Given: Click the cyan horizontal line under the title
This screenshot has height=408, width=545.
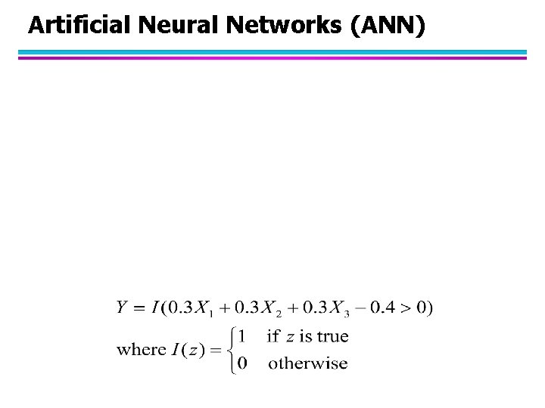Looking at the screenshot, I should click(272, 52).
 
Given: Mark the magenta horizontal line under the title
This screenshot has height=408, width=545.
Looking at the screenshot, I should click(272, 57).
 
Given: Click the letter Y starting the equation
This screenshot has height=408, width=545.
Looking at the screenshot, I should click(122, 308).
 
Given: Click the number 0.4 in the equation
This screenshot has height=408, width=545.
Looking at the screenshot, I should click(387, 308).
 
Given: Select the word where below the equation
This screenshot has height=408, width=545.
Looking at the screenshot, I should click(142, 349).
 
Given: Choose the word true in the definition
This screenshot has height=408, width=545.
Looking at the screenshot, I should click(333, 335).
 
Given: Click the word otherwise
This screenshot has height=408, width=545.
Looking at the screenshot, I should click(308, 363).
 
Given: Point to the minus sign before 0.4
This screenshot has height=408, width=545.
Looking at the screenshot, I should click(367, 308).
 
